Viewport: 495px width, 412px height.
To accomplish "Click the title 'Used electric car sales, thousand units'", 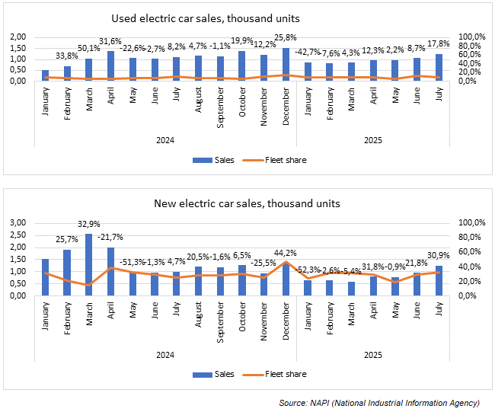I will pos(206,18).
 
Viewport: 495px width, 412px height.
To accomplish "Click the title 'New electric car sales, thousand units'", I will pos(247,203).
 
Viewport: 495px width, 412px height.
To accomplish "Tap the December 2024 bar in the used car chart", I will pos(286,65).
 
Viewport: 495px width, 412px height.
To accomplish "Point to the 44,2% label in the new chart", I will pos(286,253).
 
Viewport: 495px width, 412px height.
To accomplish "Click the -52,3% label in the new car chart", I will pos(308,270).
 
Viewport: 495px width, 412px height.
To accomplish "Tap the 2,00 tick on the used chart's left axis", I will pos(18,37).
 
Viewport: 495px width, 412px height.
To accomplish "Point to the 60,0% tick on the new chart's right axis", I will pos(470,251).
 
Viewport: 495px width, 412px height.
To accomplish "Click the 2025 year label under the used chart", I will pos(372,139).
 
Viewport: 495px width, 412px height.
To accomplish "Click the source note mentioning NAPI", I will pos(378,402).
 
